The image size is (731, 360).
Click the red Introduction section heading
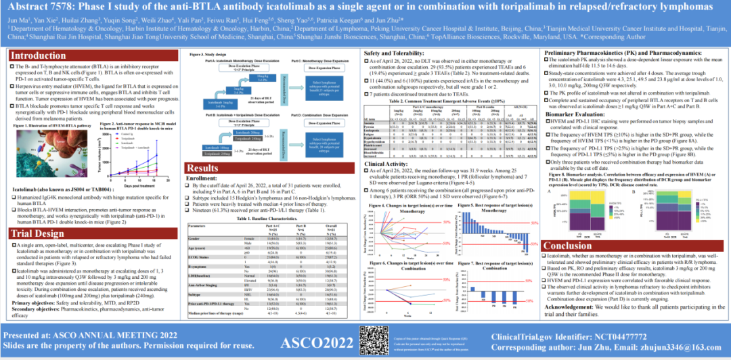[41, 55]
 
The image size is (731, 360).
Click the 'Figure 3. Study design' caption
[204, 53]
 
